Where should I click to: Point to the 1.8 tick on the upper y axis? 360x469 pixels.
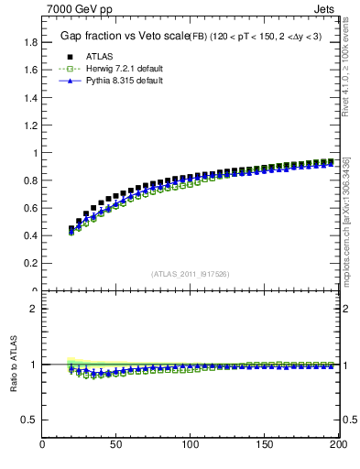pos(31,42)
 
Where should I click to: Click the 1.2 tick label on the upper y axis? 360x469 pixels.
pos(31,125)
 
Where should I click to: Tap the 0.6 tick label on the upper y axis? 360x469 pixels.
pos(31,208)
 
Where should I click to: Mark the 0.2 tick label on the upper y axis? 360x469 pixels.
pos(31,264)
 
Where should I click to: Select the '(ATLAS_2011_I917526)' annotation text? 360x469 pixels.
pos(191,272)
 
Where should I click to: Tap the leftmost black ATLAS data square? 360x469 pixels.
pos(71,229)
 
